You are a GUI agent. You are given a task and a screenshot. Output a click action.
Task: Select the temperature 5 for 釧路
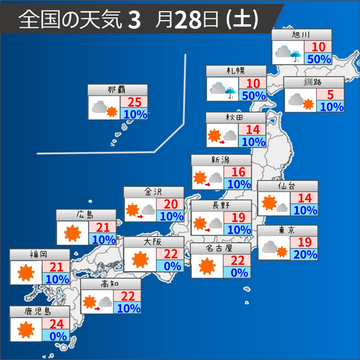(x=330, y=95)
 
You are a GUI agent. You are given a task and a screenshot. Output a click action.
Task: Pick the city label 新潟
(x=221, y=160)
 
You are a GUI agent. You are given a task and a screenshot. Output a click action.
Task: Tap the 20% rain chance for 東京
(x=304, y=254)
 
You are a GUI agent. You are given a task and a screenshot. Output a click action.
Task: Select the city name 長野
(x=221, y=206)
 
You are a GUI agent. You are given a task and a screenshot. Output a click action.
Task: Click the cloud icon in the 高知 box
(x=105, y=302)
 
